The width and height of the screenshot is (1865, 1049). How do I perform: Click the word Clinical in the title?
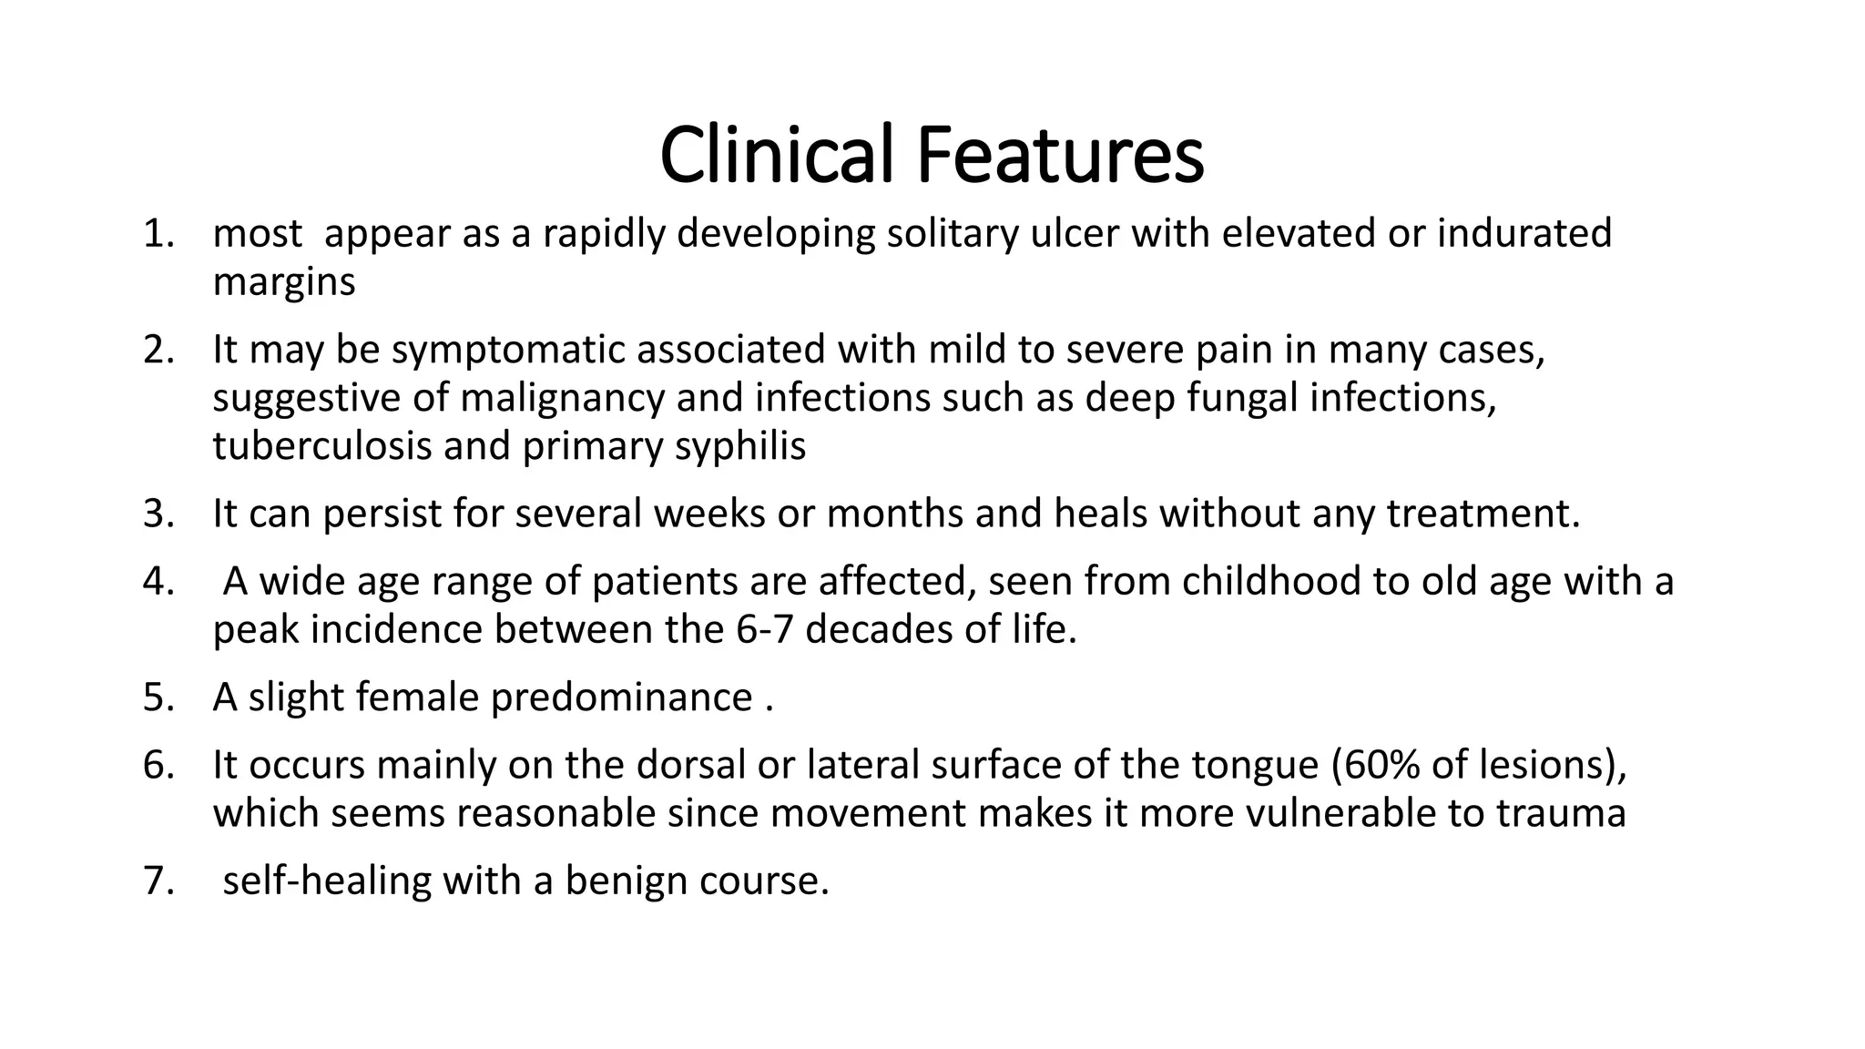tap(776, 155)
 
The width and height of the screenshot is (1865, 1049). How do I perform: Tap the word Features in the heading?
tap(1060, 155)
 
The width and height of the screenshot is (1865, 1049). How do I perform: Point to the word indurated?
tap(1524, 234)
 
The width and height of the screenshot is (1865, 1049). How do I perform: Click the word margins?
tap(284, 283)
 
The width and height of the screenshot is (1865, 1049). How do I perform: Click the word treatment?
tap(1483, 514)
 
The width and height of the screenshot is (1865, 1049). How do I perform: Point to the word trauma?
tap(1561, 813)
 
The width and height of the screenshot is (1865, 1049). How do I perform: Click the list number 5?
tap(158, 698)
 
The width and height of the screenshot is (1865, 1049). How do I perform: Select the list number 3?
tap(158, 514)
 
